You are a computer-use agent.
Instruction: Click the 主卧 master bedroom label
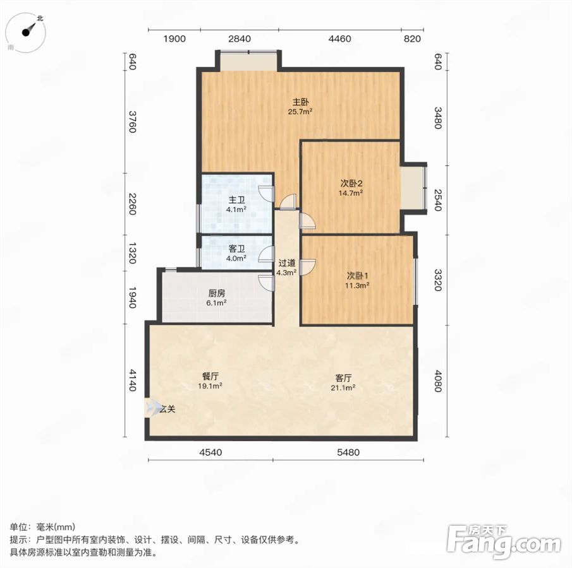tap(301, 102)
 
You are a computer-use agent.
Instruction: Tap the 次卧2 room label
tap(351, 184)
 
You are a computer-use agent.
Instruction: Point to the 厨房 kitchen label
tap(217, 293)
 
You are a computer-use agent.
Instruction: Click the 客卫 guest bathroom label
tap(236, 249)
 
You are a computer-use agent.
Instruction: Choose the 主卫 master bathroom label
tap(236, 200)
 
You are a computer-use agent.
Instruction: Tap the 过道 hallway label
tap(287, 263)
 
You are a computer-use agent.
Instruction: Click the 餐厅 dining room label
tap(210, 376)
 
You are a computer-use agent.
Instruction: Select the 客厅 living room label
tap(343, 378)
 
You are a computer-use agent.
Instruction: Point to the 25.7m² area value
tap(300, 112)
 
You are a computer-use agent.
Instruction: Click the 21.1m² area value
tap(343, 388)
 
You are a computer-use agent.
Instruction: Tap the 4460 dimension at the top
tap(339, 38)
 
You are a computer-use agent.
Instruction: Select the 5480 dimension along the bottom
tap(348, 452)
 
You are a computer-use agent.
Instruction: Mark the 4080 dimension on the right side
tap(438, 381)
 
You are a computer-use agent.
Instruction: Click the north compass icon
tap(27, 32)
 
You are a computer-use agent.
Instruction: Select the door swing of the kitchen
tap(266, 282)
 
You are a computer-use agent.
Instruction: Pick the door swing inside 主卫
tap(266, 193)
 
